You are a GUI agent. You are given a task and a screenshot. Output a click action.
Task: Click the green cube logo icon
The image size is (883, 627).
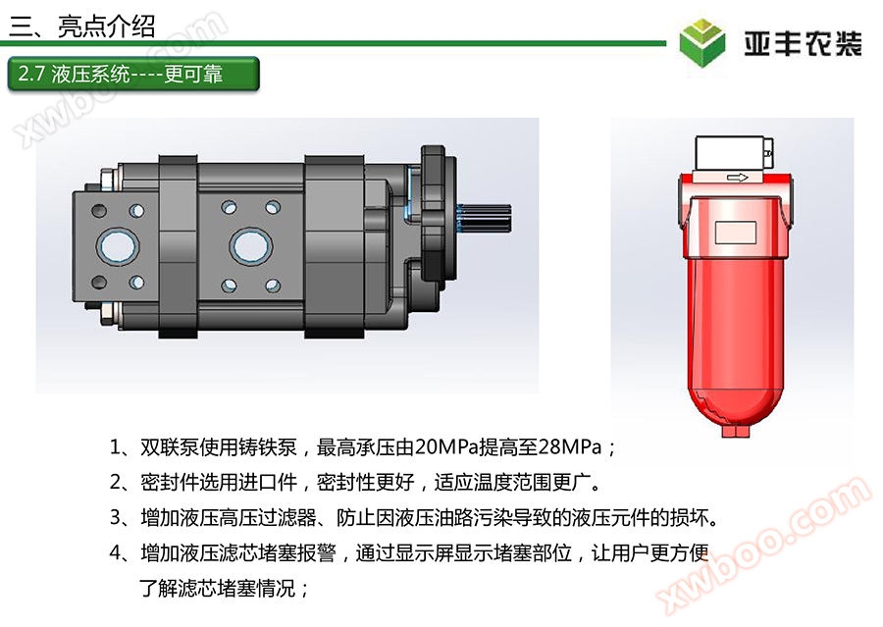pos(701,42)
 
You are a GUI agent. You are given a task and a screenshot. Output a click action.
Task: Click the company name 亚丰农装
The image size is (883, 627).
pos(803,43)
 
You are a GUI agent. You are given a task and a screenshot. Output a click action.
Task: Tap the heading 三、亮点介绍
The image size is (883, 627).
pos(81,26)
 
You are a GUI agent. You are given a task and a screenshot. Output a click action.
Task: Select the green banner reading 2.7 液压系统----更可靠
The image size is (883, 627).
pos(133,74)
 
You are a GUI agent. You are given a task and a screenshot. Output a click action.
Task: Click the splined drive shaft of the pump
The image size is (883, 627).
pos(486,218)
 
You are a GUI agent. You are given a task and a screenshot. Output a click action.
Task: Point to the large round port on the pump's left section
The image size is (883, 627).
pos(118,246)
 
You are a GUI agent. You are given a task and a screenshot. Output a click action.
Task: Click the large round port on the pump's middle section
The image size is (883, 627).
pos(251,246)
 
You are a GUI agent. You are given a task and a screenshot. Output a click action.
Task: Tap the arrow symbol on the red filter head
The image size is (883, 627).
pos(737,178)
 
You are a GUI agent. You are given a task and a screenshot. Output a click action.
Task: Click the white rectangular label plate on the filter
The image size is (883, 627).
pos(736,233)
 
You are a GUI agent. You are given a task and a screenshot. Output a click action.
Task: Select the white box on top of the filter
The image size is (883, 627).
pos(733,153)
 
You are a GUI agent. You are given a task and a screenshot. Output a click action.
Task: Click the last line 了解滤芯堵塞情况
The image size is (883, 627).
pos(218,589)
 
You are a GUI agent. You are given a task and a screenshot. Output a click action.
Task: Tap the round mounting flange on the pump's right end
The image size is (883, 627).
pos(439,215)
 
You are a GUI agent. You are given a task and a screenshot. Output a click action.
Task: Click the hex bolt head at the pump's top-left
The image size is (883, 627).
pos(106,180)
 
